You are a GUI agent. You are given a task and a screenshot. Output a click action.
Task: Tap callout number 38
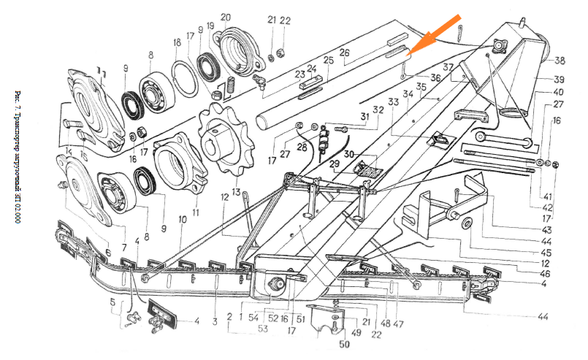[x=560, y=61]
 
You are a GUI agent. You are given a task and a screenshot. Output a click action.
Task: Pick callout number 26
[x=344, y=53]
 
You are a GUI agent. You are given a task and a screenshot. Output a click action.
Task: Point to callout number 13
[x=235, y=191]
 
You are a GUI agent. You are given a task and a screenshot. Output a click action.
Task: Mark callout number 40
[x=558, y=92]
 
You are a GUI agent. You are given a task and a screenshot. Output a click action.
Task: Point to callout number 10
[x=183, y=219]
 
